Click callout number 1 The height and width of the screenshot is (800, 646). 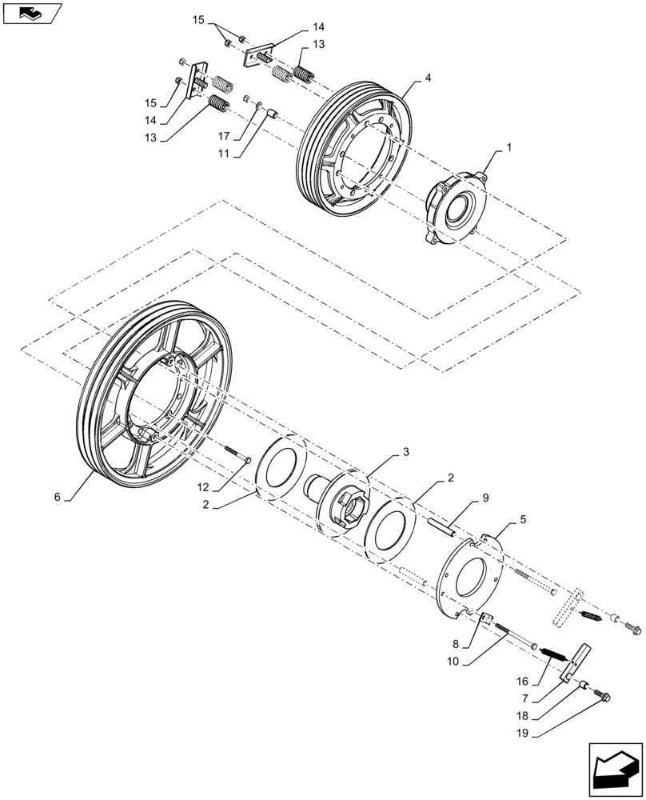(508, 148)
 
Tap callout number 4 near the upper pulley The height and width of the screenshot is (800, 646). (429, 78)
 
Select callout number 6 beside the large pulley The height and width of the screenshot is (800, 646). (57, 497)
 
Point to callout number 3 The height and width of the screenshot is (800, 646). (406, 452)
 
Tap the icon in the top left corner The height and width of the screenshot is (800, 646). (32, 13)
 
